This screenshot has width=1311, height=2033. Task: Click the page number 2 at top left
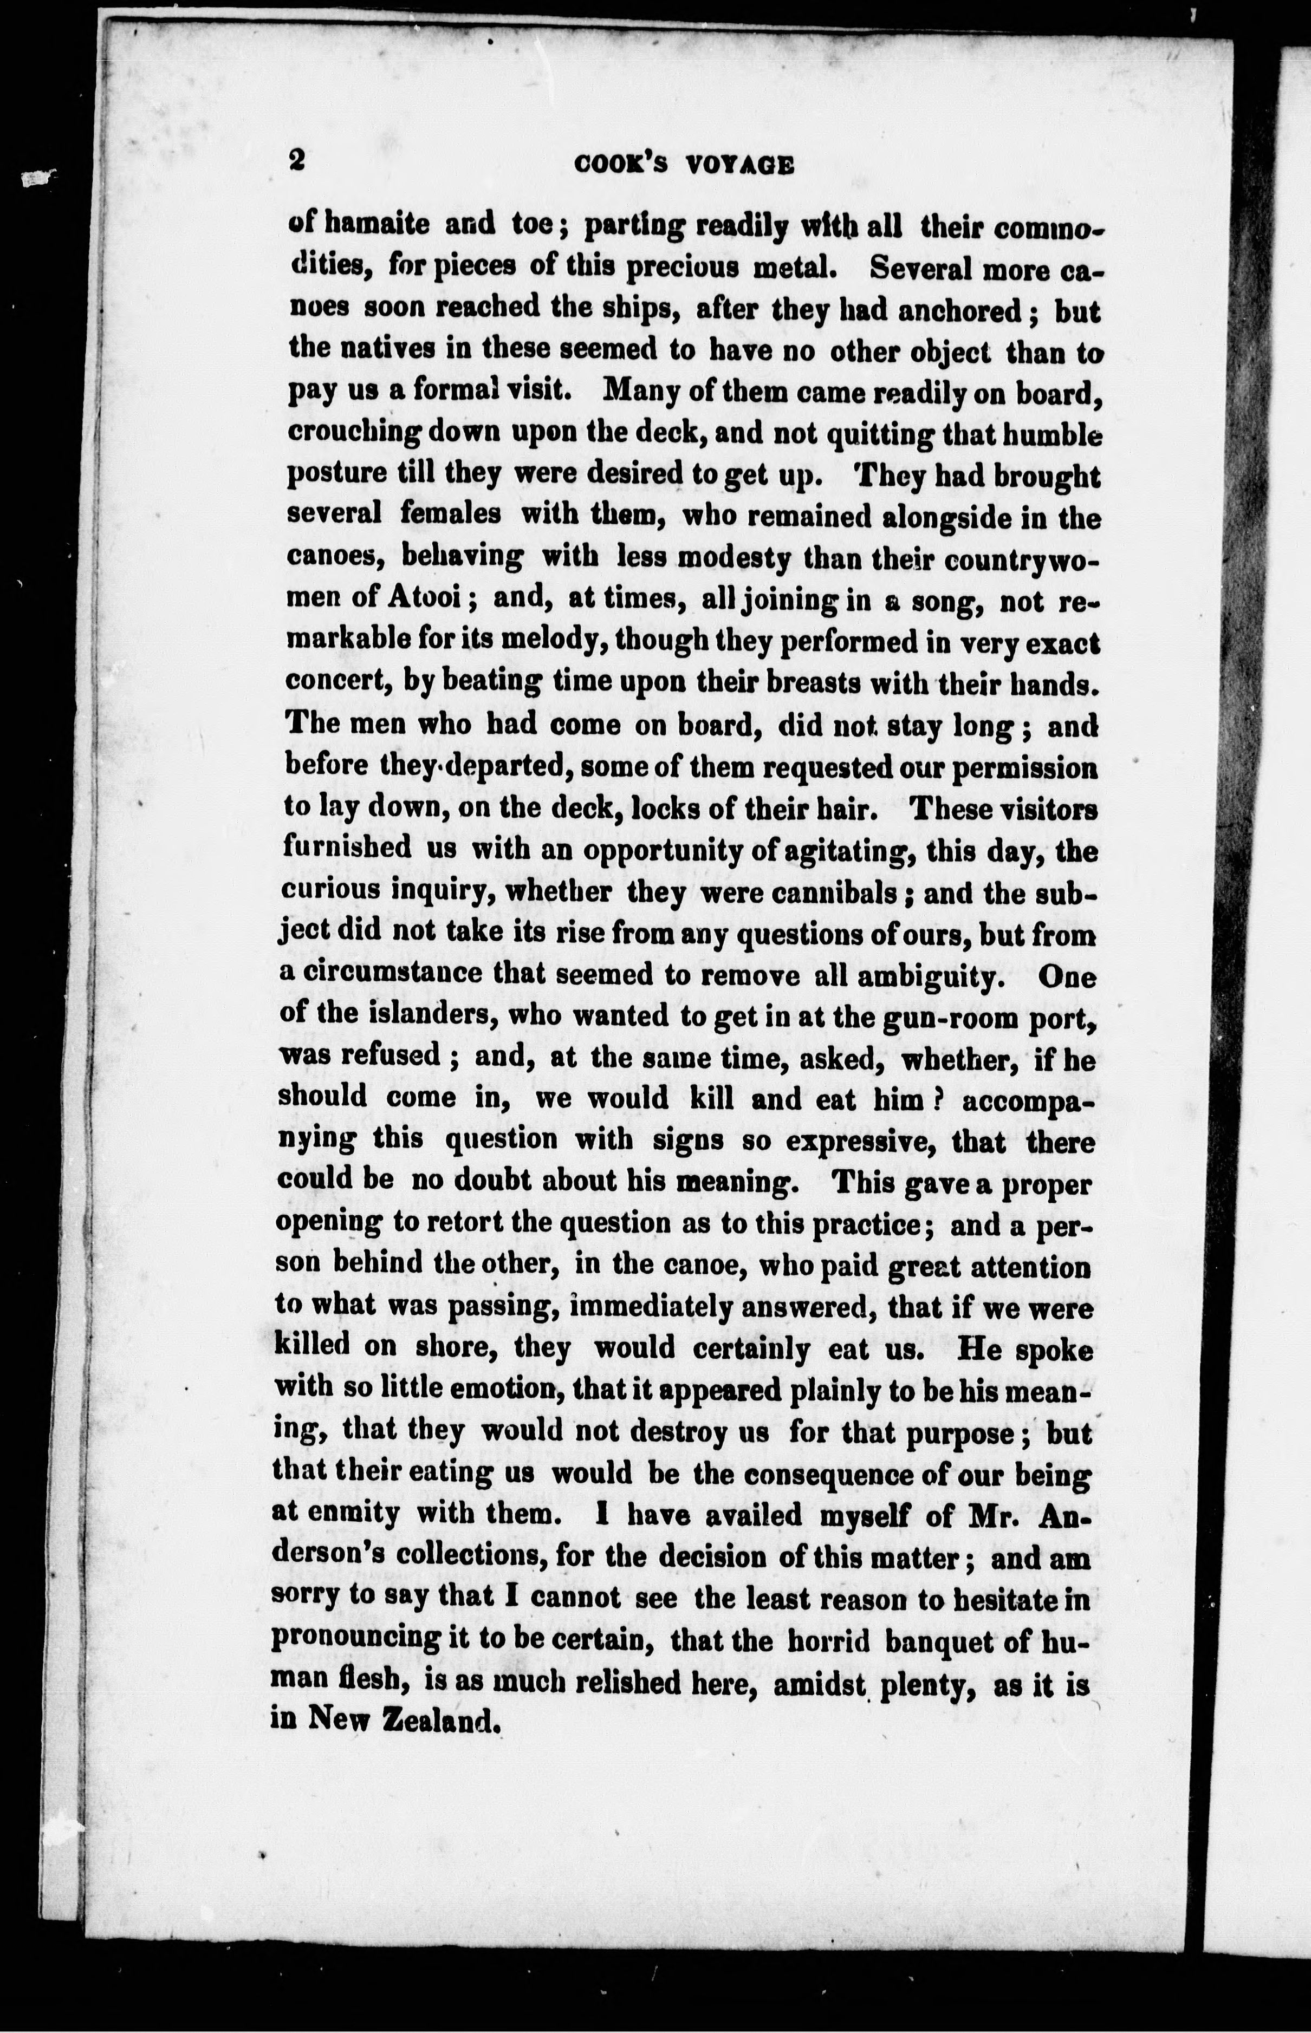[x=296, y=160]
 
